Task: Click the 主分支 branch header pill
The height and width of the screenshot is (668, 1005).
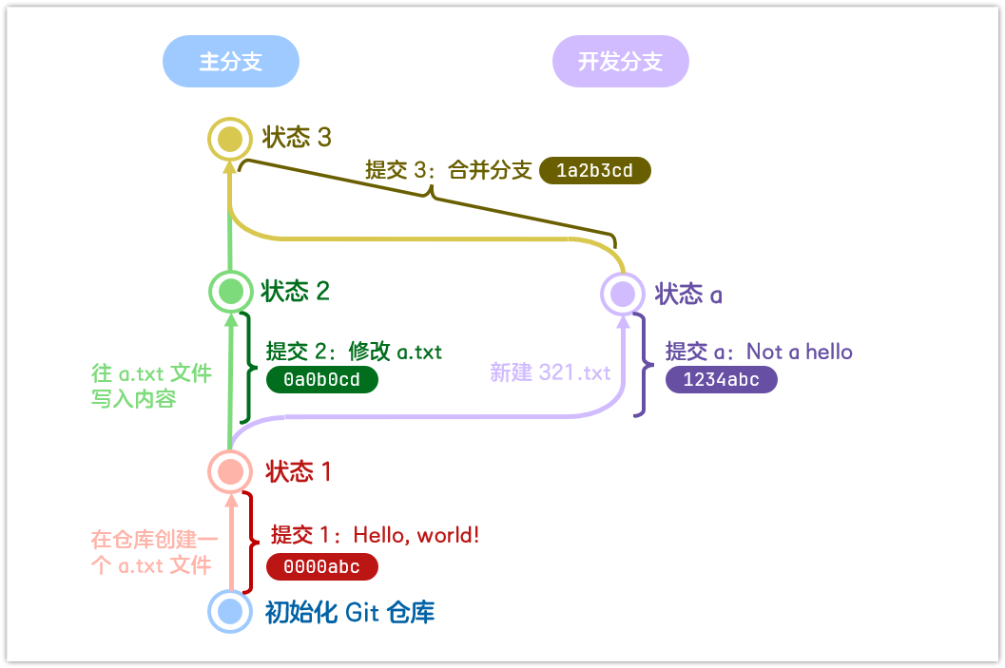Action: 231,62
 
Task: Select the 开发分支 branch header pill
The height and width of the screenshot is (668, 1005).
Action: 621,62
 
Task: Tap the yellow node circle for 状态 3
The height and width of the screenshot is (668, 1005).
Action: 229,140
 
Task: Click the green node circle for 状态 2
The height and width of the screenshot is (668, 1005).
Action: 229,291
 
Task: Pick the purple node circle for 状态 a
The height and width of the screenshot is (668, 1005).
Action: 623,294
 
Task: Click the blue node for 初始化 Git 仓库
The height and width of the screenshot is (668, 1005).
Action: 229,611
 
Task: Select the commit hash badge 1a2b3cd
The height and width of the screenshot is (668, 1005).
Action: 595,171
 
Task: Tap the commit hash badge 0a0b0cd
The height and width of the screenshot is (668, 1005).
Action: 322,380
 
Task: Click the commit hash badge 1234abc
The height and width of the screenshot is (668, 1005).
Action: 722,380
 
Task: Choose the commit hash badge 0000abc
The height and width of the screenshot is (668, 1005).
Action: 322,567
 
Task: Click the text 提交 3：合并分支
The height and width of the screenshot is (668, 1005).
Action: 448,171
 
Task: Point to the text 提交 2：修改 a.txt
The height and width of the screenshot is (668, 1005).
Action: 354,352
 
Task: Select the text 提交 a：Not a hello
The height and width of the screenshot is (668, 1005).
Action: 759,352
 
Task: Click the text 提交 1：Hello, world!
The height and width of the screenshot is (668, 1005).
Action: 375,536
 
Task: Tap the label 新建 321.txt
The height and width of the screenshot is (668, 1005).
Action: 551,372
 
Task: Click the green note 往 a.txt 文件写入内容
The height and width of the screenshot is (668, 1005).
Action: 150,386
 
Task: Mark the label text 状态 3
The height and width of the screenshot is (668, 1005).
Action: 297,138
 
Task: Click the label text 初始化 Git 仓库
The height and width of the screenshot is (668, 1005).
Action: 350,612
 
